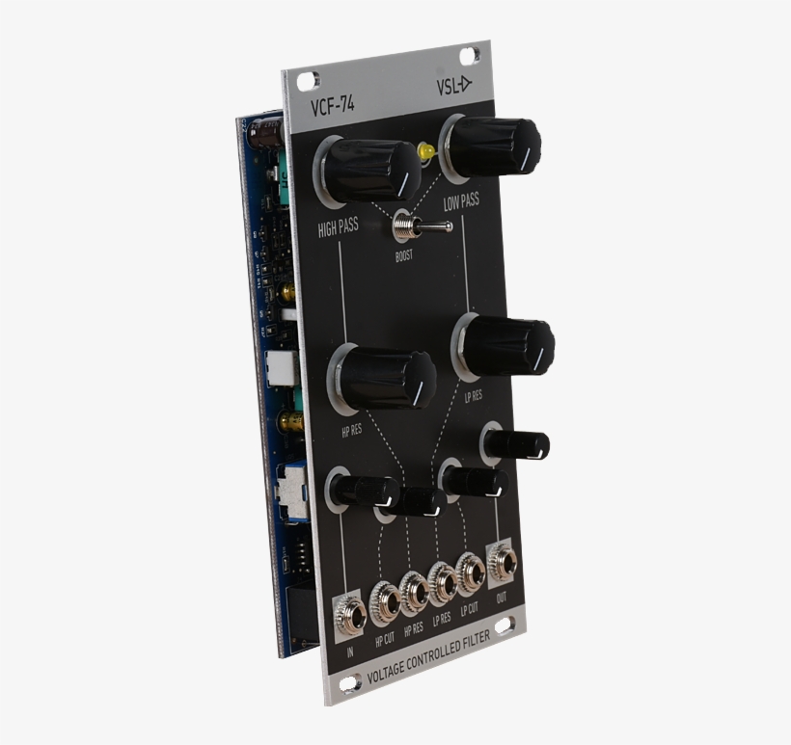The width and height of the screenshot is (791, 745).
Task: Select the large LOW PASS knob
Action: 492,146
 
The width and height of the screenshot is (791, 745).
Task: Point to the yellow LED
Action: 426,152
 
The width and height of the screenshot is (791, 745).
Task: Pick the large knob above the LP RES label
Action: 506,346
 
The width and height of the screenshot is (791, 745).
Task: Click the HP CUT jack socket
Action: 387,602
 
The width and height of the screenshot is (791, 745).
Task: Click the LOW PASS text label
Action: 461,201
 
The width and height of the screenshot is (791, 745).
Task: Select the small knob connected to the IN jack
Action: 363,491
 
